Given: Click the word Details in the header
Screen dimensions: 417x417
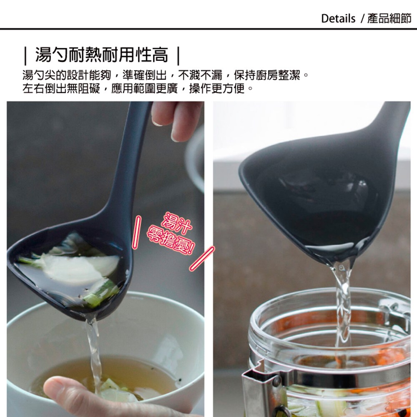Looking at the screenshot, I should pyautogui.click(x=338, y=19).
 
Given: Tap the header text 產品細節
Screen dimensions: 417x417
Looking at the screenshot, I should pyautogui.click(x=389, y=19).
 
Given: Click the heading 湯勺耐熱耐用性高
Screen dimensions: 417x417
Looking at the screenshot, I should pyautogui.click(x=102, y=54).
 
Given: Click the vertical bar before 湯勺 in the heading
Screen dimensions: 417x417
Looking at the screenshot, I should pyautogui.click(x=26, y=55).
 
